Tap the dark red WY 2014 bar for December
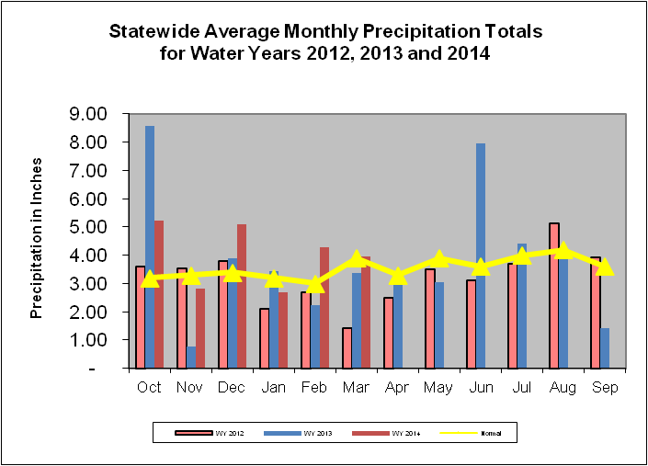click(x=242, y=295)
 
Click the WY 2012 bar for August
click(x=553, y=295)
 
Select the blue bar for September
click(x=605, y=347)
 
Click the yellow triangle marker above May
click(x=439, y=259)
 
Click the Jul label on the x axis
click(x=522, y=387)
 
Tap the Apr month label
click(x=398, y=387)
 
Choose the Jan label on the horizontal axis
click(x=274, y=387)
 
